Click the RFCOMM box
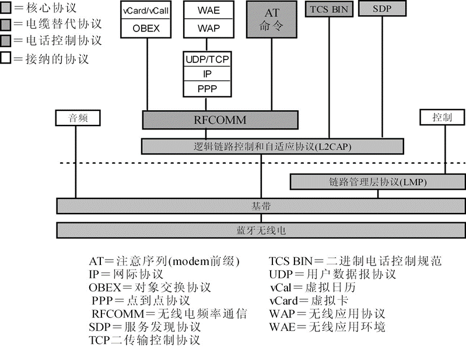tap(220, 120)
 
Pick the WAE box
tap(208, 10)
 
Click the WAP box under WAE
tap(208, 27)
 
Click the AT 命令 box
tap(273, 20)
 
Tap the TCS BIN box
tap(328, 9)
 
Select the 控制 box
tap(442, 118)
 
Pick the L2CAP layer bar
tap(272, 146)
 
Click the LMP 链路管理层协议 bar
tap(377, 182)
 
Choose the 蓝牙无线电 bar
tap(261, 230)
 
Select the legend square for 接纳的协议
tap(5, 58)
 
